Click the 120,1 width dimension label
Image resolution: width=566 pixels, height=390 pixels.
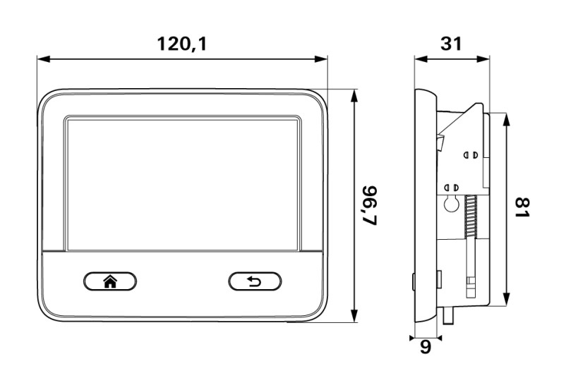tap(182, 44)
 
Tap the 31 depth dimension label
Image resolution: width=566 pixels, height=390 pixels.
tap(451, 44)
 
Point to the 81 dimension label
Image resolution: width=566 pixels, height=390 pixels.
tap(522, 207)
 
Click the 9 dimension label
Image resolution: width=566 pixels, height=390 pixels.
tap(426, 347)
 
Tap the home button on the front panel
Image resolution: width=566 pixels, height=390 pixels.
tap(110, 281)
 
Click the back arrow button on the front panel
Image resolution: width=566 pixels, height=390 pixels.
tap(255, 281)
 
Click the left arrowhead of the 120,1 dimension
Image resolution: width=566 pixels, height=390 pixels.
tap(44, 59)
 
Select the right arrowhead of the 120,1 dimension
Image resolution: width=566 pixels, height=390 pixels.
tap(320, 59)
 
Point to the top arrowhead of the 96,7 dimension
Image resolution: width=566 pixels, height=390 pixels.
tap(354, 96)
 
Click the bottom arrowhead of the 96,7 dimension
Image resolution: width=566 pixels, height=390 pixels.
tap(354, 315)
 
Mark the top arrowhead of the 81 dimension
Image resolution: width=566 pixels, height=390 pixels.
tap(506, 119)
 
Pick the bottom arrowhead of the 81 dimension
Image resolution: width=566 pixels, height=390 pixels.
tap(506, 300)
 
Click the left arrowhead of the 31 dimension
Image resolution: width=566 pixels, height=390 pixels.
tap(421, 59)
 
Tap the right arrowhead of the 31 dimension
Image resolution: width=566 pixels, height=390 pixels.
tap(483, 59)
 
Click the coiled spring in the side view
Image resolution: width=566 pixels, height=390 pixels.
tap(470, 217)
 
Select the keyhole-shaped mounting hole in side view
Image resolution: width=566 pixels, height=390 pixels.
tap(451, 205)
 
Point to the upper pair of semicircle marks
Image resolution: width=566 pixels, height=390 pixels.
tap(471, 154)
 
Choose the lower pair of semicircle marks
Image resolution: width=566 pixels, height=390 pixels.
tap(452, 188)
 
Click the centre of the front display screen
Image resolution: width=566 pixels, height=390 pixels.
tap(183, 184)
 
